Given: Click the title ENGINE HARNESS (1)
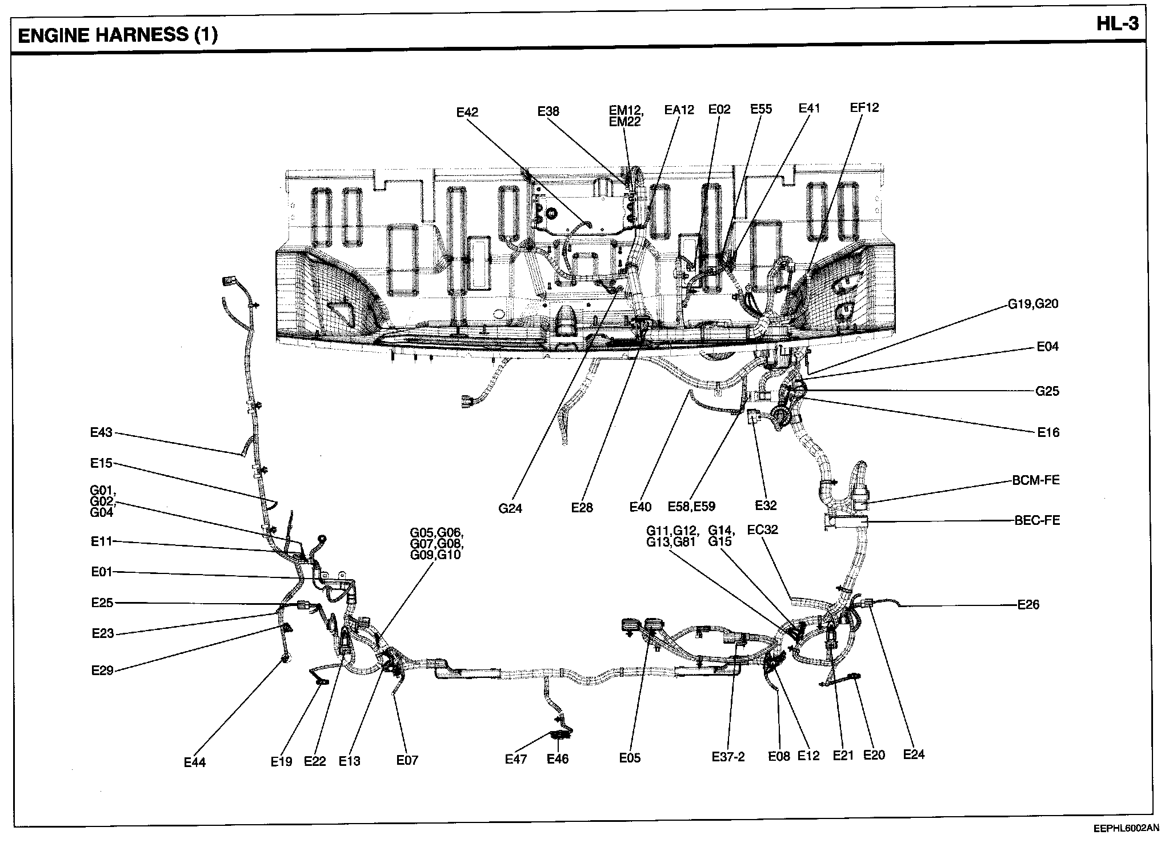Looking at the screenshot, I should [x=118, y=35].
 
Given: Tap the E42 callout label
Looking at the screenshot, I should [x=467, y=113].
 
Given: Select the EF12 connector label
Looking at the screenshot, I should [x=864, y=107].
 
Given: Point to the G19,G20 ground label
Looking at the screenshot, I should [x=1032, y=304].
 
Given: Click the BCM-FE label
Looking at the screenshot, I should [x=1035, y=480].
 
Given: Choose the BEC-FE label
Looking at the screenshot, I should [x=1037, y=520].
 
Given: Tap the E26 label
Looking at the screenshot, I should [x=1028, y=604].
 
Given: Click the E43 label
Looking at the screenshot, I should [x=101, y=433].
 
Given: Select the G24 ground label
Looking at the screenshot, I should [x=510, y=508].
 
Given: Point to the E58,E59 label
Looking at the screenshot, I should [x=691, y=506].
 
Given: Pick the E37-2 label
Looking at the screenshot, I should [x=728, y=757].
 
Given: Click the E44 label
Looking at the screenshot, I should [x=194, y=762].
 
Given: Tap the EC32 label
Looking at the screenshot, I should [x=762, y=529].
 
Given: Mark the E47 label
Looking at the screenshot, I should [x=515, y=759].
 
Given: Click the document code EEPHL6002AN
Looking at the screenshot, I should [x=1123, y=843].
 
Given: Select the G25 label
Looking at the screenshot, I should [x=1047, y=391].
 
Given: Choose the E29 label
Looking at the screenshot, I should [x=102, y=671].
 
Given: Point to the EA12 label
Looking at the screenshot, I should [x=679, y=110].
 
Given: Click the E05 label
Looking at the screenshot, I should [x=630, y=758].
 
